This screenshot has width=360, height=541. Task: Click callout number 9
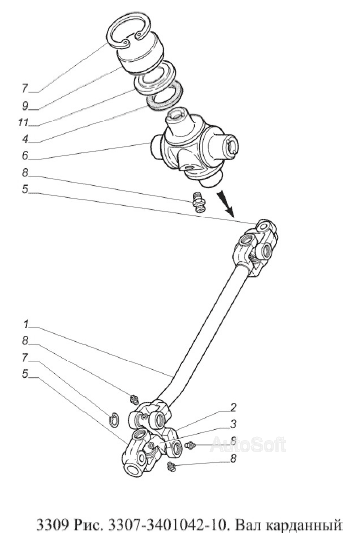click(x=25, y=106)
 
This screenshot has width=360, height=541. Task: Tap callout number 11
click(x=23, y=122)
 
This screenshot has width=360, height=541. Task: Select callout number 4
click(x=25, y=139)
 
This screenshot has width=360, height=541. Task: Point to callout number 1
click(x=26, y=325)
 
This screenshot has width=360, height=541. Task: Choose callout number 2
click(x=233, y=407)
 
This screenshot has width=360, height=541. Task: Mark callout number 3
click(x=233, y=423)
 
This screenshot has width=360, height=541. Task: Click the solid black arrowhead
click(x=225, y=205)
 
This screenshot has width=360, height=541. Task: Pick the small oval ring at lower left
click(x=115, y=420)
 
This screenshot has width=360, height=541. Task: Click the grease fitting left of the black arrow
click(x=199, y=202)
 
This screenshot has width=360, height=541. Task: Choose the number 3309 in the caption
click(x=52, y=525)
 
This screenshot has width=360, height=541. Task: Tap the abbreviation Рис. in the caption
click(x=88, y=525)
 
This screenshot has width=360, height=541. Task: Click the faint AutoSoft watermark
click(x=248, y=444)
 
